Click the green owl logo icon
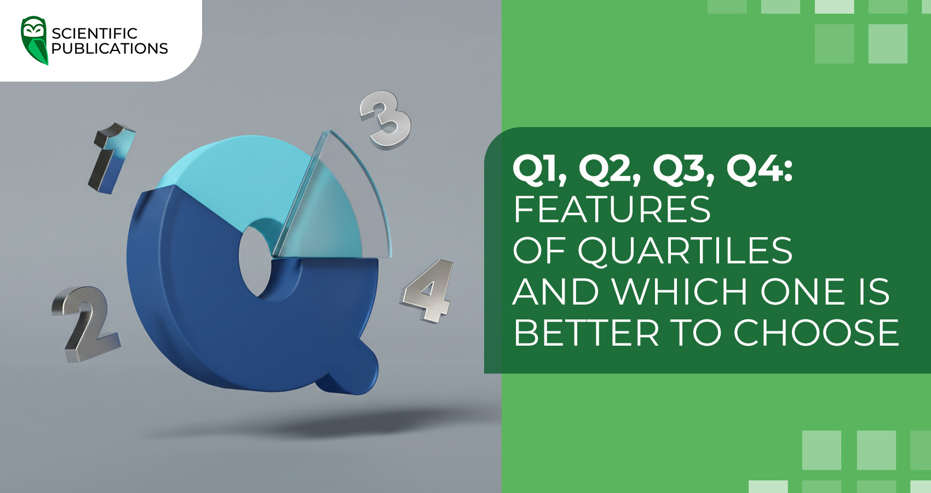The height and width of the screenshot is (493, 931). [x=35, y=40]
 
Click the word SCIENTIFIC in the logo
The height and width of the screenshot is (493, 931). [x=94, y=33]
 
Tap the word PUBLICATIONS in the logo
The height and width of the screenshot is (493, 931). [x=110, y=49]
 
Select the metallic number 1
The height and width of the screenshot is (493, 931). [x=112, y=157]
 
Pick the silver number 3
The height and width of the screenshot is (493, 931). [x=386, y=119]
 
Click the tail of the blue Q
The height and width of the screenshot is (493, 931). [x=350, y=372]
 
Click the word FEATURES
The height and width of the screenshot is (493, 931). [x=612, y=209]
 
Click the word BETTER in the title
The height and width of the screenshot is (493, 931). [x=587, y=333]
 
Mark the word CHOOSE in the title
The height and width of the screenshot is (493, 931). [x=816, y=333]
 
